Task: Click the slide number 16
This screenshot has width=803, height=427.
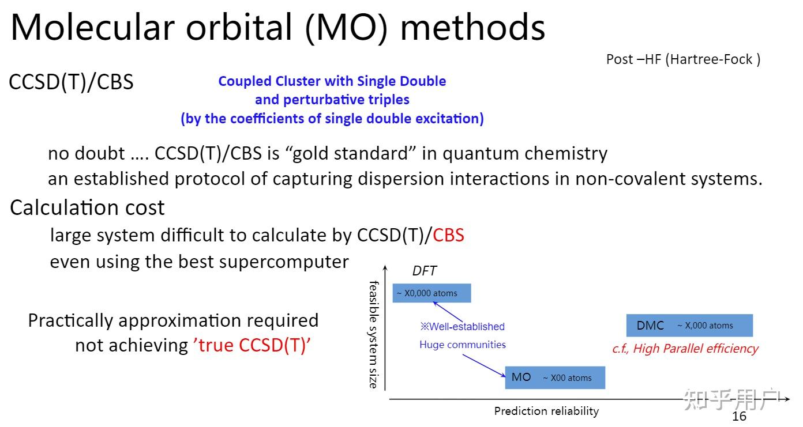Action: click(739, 416)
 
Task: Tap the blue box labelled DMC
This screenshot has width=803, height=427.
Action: click(689, 325)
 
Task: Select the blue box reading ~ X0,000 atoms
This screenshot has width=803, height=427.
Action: click(431, 293)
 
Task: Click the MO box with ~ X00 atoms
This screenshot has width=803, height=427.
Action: click(555, 377)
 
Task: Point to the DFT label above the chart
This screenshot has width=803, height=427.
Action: click(425, 271)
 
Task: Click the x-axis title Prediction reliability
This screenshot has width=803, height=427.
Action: click(546, 411)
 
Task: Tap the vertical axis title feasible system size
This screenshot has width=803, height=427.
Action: click(374, 335)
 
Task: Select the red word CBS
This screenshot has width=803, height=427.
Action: click(448, 235)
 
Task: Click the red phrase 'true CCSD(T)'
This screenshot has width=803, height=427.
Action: click(252, 345)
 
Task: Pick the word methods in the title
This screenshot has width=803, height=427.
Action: click(472, 28)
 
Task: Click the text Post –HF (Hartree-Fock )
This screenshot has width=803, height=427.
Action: click(683, 59)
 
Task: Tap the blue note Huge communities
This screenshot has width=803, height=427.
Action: click(463, 345)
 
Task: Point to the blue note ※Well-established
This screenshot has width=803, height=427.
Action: click(463, 326)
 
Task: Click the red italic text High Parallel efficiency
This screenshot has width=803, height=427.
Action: click(696, 349)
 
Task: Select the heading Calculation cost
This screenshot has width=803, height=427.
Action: click(87, 207)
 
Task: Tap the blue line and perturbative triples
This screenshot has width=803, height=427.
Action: click(332, 100)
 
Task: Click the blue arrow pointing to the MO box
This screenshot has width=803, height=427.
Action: click(484, 366)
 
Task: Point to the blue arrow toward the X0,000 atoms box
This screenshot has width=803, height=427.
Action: click(448, 312)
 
